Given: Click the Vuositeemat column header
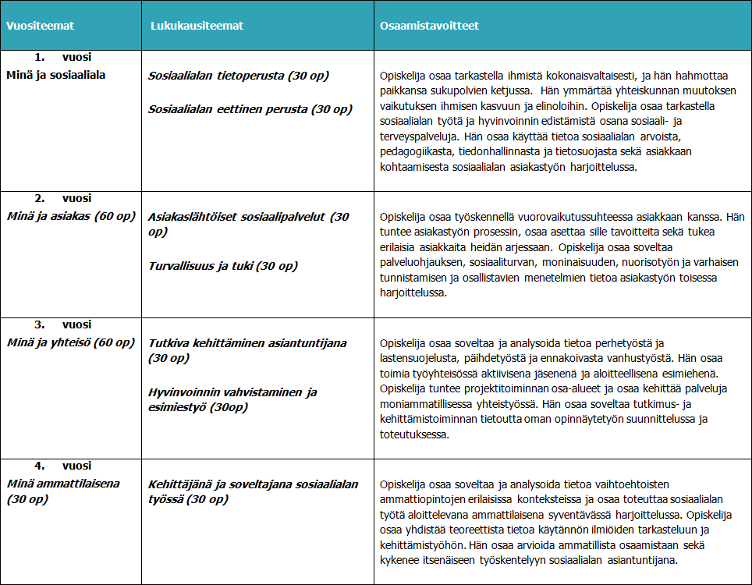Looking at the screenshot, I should tap(40, 26).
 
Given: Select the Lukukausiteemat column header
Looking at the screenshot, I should tap(197, 26).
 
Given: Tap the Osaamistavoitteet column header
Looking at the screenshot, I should tap(429, 26).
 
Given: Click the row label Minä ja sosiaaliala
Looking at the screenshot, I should tap(55, 75).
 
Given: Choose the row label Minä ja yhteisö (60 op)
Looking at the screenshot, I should tap(71, 342).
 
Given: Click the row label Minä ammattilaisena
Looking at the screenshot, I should tap(63, 484).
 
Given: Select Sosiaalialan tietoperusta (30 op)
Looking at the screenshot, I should tap(239, 76).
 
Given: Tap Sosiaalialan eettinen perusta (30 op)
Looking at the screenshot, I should tap(250, 109).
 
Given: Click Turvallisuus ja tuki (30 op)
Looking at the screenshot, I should tap(223, 266).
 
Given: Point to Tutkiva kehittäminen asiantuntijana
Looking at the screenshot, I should tap(247, 342).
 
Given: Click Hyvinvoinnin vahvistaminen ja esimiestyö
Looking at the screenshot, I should tap(232, 392).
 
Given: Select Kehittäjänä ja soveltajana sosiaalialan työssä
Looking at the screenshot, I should tap(253, 484).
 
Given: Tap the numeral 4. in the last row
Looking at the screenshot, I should tap(40, 466).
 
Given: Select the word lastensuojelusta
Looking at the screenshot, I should tap(414, 357).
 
